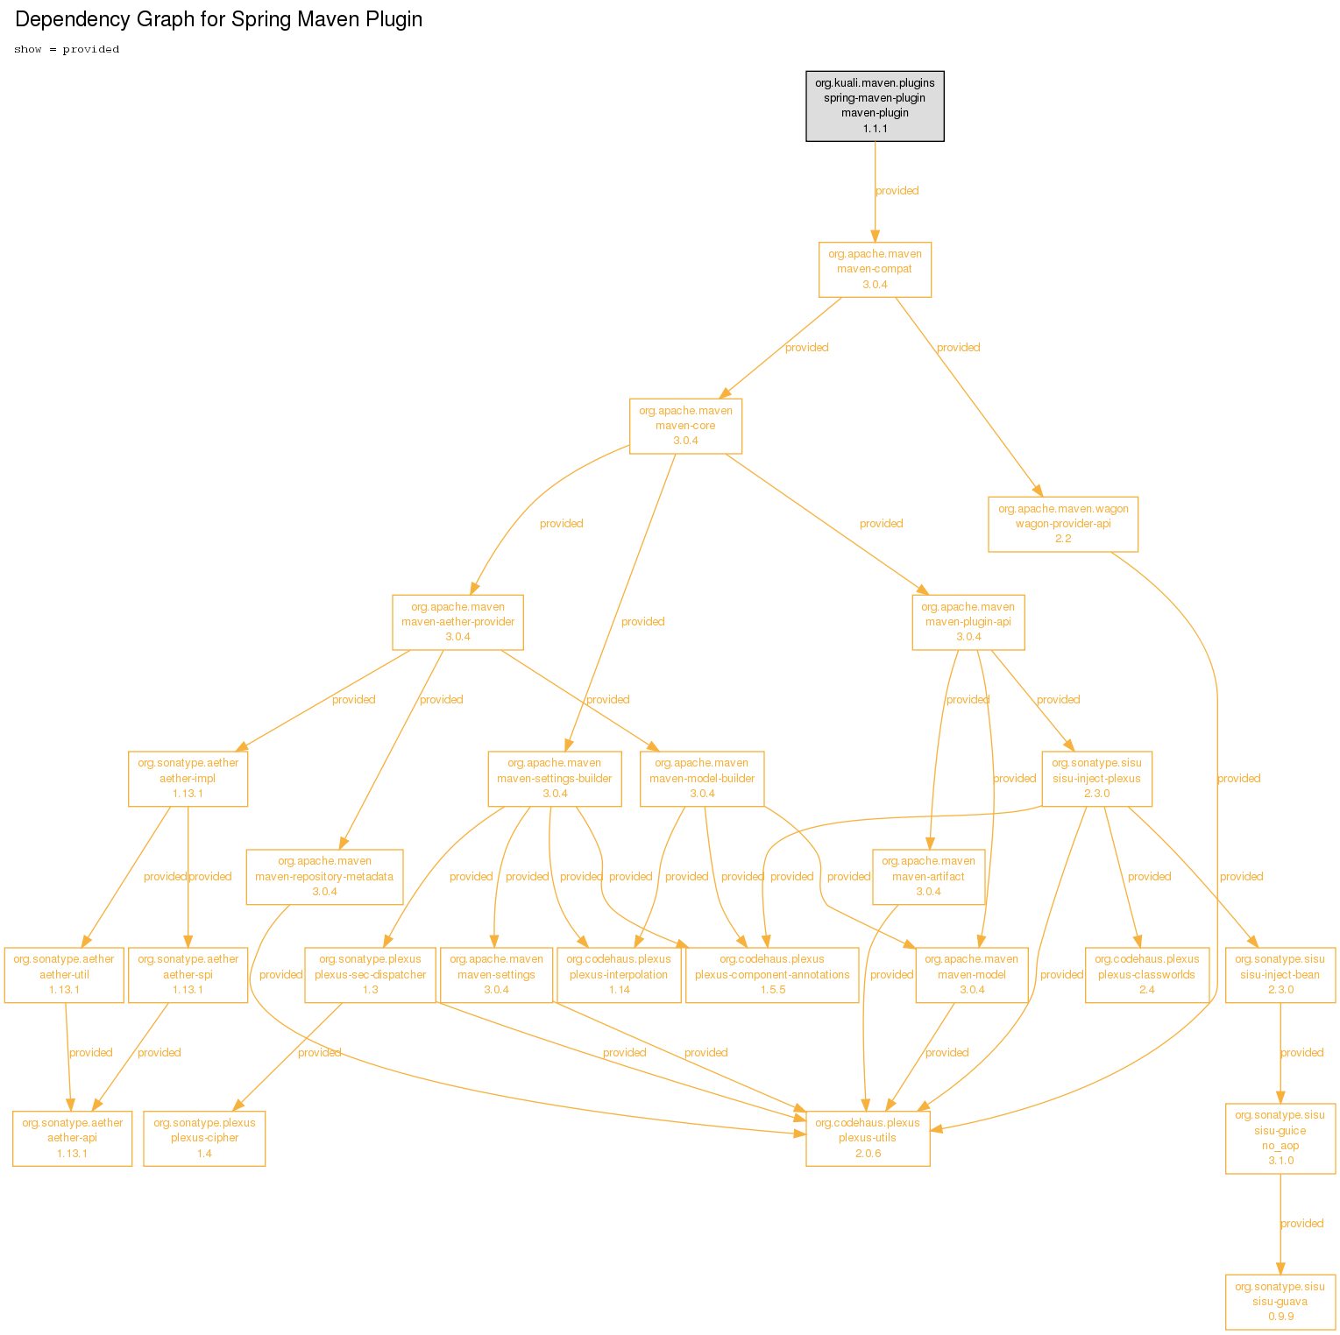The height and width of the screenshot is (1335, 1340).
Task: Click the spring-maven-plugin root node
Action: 875,106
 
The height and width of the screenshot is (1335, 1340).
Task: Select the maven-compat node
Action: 875,270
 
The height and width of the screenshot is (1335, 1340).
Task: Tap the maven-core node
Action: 685,427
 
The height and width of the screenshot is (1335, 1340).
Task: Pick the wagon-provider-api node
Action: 1063,524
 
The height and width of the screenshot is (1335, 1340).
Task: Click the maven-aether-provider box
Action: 457,622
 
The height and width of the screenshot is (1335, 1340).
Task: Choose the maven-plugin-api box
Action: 968,622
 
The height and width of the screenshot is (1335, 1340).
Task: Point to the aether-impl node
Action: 188,779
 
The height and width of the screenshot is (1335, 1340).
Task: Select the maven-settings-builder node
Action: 555,779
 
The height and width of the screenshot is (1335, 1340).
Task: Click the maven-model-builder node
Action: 702,779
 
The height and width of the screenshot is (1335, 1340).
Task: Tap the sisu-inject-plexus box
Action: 1096,779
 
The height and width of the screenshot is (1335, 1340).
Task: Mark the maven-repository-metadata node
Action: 324,877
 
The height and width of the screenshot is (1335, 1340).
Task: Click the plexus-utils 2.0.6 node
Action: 868,1139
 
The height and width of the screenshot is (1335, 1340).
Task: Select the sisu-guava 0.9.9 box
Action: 1280,1302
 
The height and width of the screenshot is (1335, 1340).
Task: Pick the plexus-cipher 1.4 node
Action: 204,1139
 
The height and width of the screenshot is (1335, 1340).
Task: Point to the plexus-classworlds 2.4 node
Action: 1146,975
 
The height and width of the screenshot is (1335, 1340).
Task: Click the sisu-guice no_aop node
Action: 1280,1139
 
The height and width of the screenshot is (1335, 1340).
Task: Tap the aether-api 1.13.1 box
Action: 72,1139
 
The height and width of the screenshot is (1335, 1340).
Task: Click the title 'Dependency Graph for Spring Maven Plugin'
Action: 219,19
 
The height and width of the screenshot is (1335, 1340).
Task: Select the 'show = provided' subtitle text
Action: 67,49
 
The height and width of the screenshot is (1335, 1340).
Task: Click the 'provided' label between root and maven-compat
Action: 897,191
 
